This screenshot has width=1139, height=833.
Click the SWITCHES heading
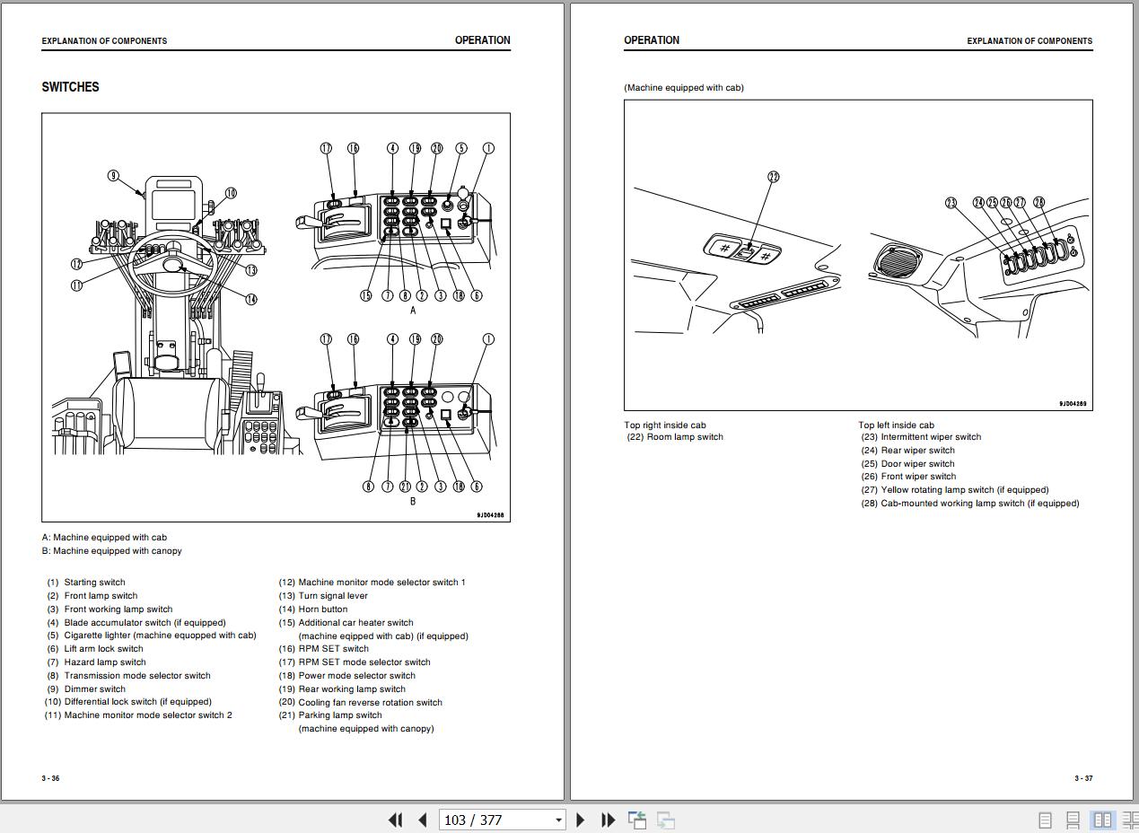pyautogui.click(x=70, y=87)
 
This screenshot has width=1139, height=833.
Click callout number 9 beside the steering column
pyautogui.click(x=114, y=176)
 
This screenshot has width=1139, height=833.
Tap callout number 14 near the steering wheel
pyautogui.click(x=250, y=300)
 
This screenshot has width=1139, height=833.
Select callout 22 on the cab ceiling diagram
pyautogui.click(x=774, y=177)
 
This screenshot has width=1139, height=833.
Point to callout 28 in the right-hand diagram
pyautogui.click(x=1039, y=203)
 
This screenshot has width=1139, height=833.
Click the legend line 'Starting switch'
pyautogui.click(x=94, y=583)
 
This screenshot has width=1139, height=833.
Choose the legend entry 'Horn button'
pyautogui.click(x=322, y=609)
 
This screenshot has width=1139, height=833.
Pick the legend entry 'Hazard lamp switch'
pyautogui.click(x=104, y=662)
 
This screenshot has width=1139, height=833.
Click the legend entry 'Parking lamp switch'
pyautogui.click(x=339, y=715)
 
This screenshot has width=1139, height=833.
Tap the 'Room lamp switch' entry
pyautogui.click(x=684, y=437)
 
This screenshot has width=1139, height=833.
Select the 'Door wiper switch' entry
pyautogui.click(x=916, y=464)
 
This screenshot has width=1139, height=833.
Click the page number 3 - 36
pyautogui.click(x=50, y=778)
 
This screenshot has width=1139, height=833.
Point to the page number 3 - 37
pyautogui.click(x=1083, y=778)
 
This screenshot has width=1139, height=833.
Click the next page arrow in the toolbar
pyautogui.click(x=580, y=820)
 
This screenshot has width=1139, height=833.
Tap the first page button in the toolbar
pyautogui.click(x=395, y=820)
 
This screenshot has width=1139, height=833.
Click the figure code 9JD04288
pyautogui.click(x=490, y=515)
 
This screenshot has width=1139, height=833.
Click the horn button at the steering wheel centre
pyautogui.click(x=172, y=265)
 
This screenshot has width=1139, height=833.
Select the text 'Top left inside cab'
pyautogui.click(x=896, y=425)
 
